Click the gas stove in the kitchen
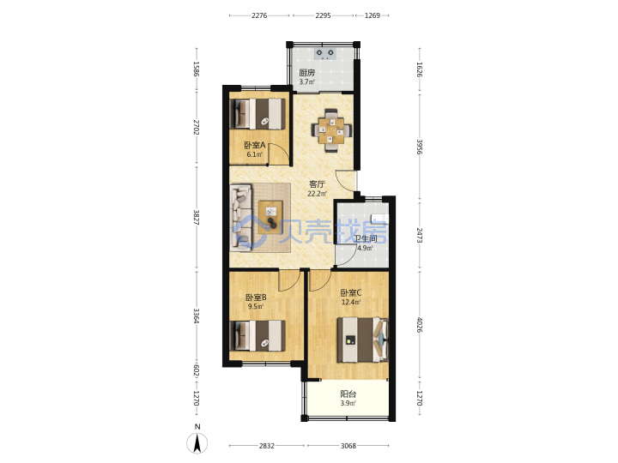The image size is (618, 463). click(325, 53)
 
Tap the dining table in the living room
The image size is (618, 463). click(331, 130)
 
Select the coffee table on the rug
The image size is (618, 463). click(270, 217)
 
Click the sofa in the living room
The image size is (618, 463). click(241, 217)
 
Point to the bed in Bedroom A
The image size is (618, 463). click(257, 114)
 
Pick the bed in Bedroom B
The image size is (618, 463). click(257, 336)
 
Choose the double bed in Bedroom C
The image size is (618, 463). click(362, 340)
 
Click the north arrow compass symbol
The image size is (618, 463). click(197, 440)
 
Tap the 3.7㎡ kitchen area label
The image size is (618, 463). click(307, 82)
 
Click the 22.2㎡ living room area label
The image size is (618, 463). click(318, 193)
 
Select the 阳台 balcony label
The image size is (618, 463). click(348, 394)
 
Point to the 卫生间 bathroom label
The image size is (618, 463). click(365, 238)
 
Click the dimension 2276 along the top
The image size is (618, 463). click(259, 15)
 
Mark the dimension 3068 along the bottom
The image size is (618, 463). click(348, 446)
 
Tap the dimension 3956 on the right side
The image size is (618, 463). click(420, 147)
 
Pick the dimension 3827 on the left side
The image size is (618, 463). click(197, 218)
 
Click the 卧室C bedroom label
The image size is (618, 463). click(351, 293)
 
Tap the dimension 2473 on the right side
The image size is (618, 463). click(420, 235)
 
